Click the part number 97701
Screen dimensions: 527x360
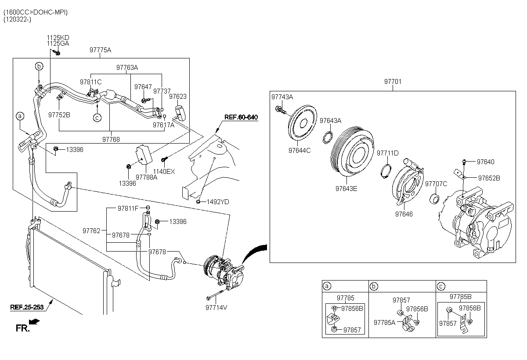click(x=393, y=81)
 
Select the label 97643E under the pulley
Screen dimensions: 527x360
click(x=347, y=189)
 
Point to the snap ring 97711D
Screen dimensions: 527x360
click(x=386, y=171)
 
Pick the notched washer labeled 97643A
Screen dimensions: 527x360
click(x=328, y=137)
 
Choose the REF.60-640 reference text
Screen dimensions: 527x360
click(x=241, y=117)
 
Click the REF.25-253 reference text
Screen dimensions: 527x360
click(x=27, y=307)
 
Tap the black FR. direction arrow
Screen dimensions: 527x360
click(x=34, y=321)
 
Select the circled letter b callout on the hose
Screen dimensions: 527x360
click(x=39, y=66)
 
